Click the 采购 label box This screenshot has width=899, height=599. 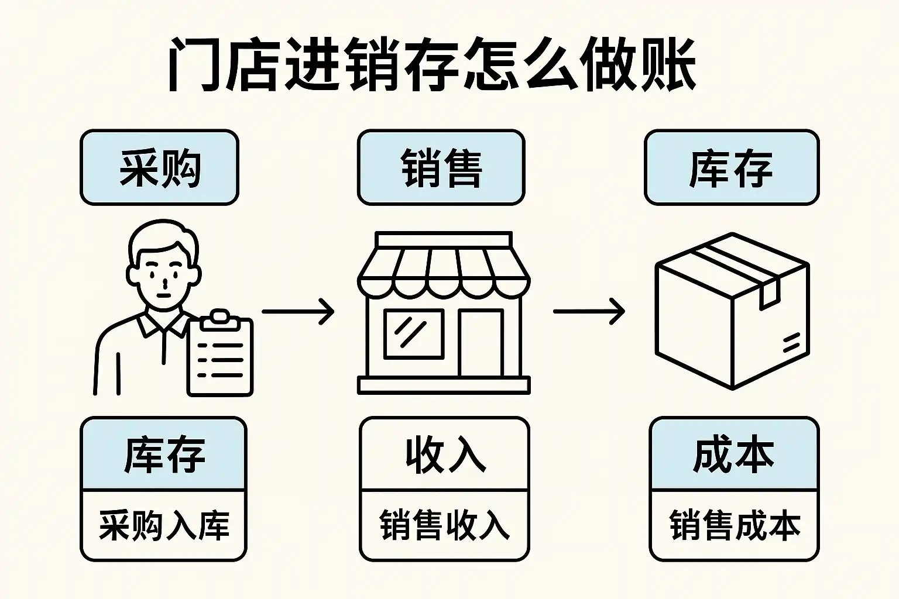pos(159,168)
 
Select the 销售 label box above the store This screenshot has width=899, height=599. pos(441,168)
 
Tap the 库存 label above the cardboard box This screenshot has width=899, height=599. pos(731,168)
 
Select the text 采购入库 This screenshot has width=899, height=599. pos(163,525)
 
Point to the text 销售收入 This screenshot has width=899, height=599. pos(444,525)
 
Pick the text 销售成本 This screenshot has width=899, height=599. pos(734,525)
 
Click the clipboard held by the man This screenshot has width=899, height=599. pos(220,358)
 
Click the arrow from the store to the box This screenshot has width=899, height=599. pos(589,311)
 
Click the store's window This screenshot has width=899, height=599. pos(413,333)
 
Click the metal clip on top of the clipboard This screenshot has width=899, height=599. pos(219,318)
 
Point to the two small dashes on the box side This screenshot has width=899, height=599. pos(791,343)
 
